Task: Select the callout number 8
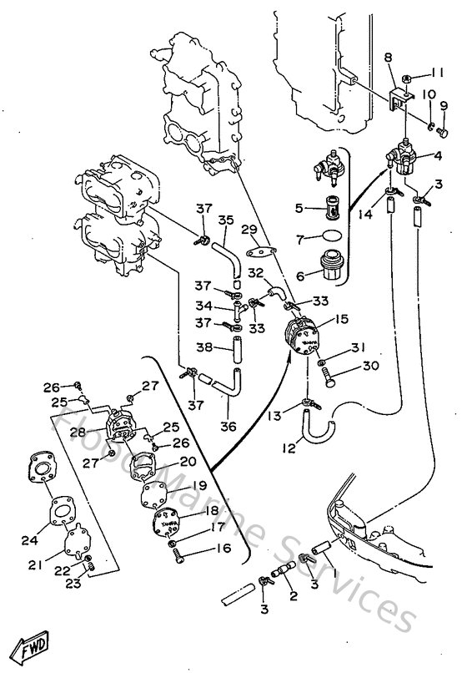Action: [388, 58]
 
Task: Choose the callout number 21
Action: [34, 565]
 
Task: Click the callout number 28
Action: [78, 431]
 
